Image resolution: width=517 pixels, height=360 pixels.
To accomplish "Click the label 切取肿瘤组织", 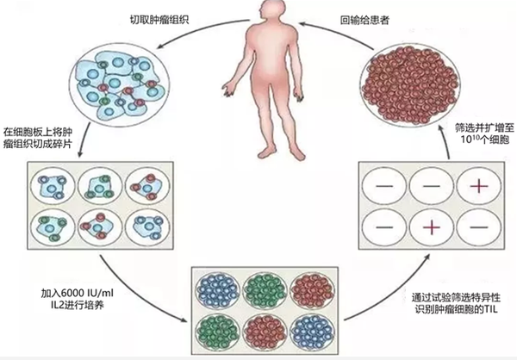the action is [x=159, y=20].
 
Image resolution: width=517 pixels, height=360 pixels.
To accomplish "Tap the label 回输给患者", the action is [x=365, y=20].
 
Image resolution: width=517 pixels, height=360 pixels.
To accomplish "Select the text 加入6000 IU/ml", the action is [x=78, y=293].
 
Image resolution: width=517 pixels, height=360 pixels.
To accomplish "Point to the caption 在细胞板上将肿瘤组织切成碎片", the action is [x=38, y=138].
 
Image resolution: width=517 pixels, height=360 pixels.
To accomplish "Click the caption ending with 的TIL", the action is [x=456, y=304].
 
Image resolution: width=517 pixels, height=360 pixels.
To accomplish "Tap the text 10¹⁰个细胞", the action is [x=484, y=140].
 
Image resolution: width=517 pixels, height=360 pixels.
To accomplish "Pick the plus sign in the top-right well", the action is [x=479, y=186].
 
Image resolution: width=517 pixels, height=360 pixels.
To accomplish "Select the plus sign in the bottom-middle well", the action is [x=432, y=227].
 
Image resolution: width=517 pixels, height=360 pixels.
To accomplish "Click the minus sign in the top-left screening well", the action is [x=383, y=186].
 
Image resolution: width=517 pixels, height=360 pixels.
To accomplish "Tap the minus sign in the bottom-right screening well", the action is [x=479, y=227].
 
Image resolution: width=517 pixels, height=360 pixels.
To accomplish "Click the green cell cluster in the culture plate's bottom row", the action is [x=217, y=331].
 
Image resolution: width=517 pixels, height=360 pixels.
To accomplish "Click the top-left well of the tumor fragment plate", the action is [x=53, y=187].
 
